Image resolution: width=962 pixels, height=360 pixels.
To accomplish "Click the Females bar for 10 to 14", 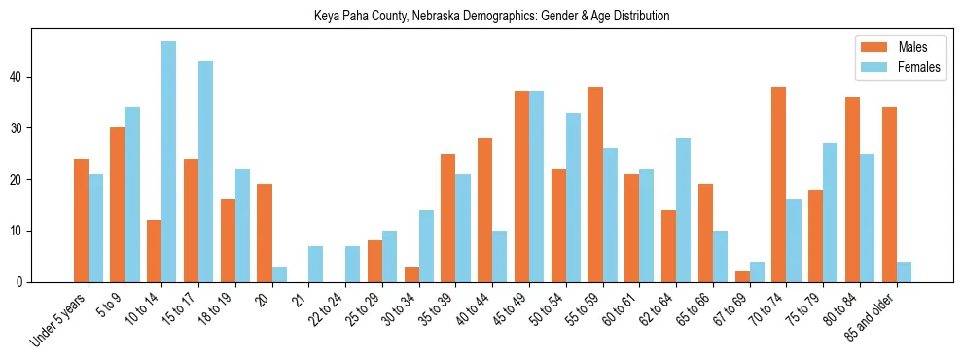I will tap(169, 162).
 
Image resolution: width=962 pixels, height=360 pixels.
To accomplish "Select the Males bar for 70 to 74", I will tap(778, 185).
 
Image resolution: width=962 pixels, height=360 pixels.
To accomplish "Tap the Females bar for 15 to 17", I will tap(206, 171).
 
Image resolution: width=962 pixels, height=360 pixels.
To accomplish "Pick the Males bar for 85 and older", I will tap(889, 195).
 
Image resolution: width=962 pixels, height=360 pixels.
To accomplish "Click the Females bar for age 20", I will tap(279, 274).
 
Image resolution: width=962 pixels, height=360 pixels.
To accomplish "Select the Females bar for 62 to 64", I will tap(684, 210).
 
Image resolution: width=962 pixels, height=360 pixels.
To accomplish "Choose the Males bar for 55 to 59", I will tap(594, 185).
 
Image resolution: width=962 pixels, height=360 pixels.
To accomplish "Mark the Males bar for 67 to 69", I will tap(742, 277).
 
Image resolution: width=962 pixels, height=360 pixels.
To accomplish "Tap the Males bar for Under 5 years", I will tap(81, 221).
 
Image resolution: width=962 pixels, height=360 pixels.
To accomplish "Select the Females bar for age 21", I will tap(316, 265).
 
